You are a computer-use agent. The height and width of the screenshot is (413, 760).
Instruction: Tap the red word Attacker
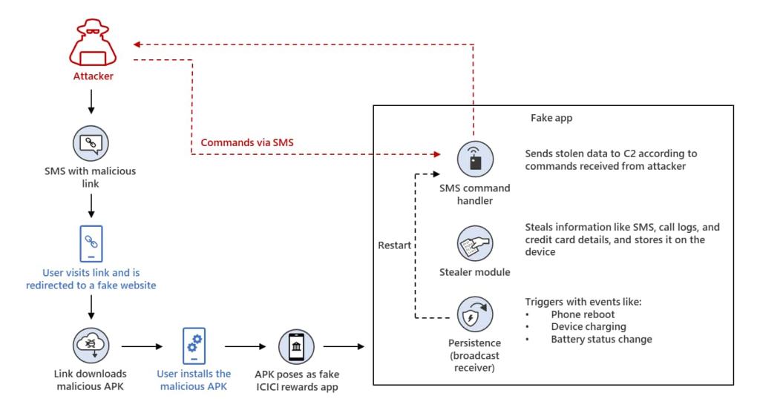pyautogui.click(x=91, y=76)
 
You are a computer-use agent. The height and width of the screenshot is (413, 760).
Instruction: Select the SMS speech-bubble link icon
pyautogui.click(x=91, y=142)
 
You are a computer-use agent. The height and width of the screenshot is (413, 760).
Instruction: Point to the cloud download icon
pyautogui.click(x=91, y=346)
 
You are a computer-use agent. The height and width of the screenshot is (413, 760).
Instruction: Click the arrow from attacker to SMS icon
pyautogui.click(x=91, y=102)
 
